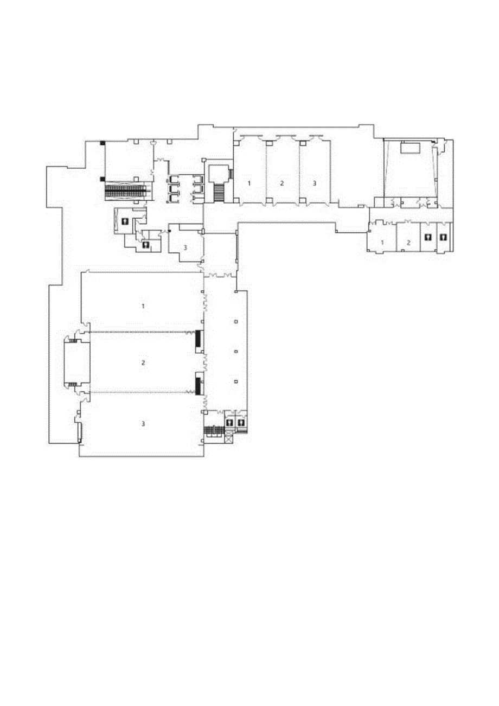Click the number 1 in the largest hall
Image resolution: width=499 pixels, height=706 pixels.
pos(143,306)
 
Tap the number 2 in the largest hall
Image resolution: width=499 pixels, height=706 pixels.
pos(143,362)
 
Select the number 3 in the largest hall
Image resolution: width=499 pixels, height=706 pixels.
pos(143,423)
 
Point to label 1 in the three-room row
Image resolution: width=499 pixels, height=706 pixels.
pos(250,183)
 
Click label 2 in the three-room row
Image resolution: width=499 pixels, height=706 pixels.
pos(282,183)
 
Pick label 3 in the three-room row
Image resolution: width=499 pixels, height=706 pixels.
pos(315,183)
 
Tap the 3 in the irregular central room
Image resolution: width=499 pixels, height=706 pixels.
pos(185,247)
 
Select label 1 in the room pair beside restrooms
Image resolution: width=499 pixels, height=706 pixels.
pos(382,243)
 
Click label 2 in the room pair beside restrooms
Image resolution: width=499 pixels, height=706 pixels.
pos(409,243)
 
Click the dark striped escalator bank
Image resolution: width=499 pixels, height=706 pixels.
pos(127,190)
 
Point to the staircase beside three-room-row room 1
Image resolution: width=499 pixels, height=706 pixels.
pos(220,191)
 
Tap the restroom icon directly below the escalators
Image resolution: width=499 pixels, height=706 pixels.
pos(125,221)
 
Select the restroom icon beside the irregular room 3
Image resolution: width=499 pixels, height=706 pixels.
pos(146,245)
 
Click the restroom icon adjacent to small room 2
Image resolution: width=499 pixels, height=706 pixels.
pos(428,237)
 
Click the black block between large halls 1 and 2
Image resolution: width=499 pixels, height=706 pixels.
pos(198,340)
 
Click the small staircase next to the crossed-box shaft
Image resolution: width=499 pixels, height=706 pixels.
pos(213,431)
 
